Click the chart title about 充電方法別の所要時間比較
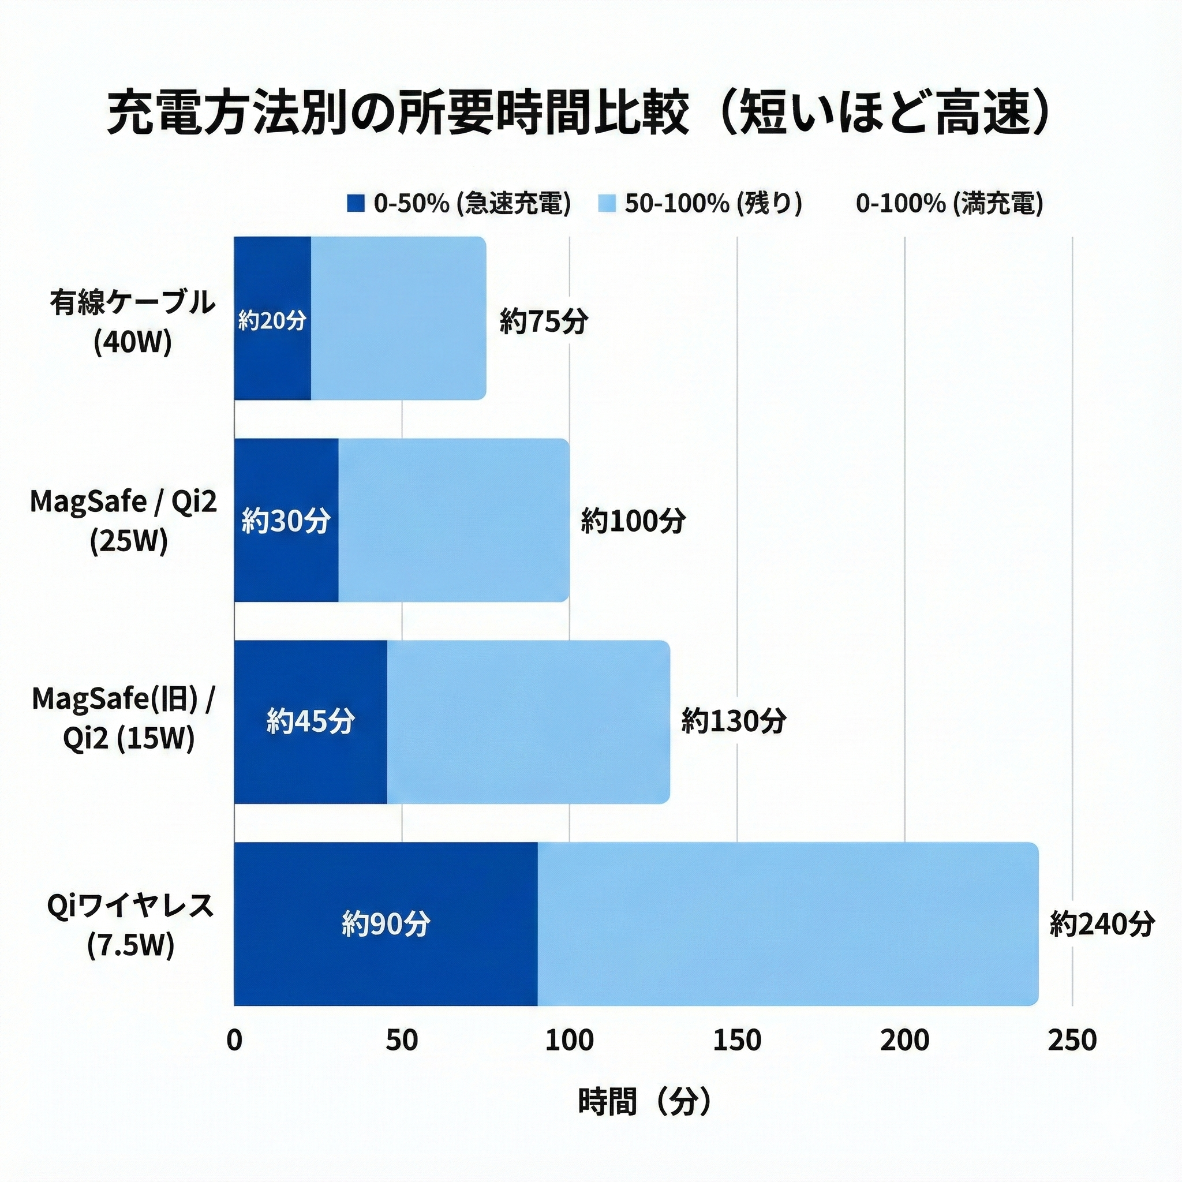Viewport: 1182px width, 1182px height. point(579,114)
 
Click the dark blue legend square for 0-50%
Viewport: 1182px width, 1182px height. point(356,203)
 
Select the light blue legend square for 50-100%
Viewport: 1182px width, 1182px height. point(605,203)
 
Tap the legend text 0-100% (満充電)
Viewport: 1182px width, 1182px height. point(949,203)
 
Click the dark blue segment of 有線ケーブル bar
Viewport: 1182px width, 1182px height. point(272,355)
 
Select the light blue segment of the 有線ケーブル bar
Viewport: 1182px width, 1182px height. point(398,318)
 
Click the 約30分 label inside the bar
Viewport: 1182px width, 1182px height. point(286,521)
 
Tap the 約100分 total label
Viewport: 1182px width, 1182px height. point(633,521)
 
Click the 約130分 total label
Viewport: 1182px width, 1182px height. point(734,721)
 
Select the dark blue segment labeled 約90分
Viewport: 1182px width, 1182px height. point(386,923)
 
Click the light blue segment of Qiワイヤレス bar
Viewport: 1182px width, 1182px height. point(787,923)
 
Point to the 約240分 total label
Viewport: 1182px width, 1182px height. point(1102,923)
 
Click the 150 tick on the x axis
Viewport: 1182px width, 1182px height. point(736,1040)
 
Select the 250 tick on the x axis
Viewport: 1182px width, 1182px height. point(1072,1040)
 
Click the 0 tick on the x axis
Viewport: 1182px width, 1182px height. point(234,1040)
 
